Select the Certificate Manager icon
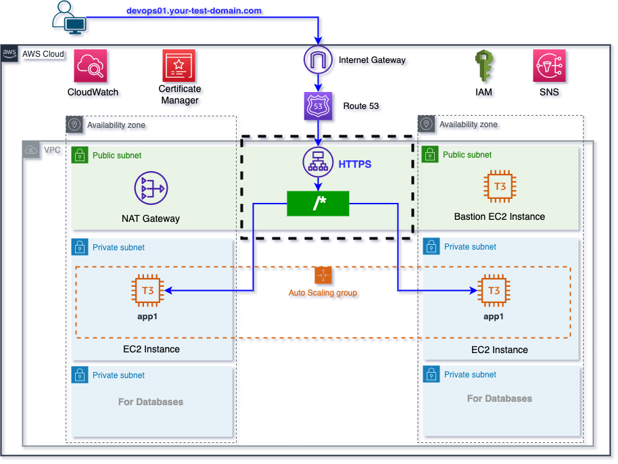click(x=179, y=66)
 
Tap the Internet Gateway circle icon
click(x=318, y=60)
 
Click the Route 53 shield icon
click(x=318, y=106)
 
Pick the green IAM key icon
click(x=483, y=66)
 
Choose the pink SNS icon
click(x=549, y=66)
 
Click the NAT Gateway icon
click(x=151, y=188)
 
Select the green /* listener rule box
click(x=318, y=203)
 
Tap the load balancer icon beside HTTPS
click(x=318, y=163)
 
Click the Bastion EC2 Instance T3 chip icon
click(x=500, y=187)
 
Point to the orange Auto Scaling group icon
click(x=323, y=275)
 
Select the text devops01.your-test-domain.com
click(x=194, y=11)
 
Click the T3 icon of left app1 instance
click(x=147, y=291)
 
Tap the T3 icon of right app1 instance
click(x=494, y=291)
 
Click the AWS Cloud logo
click(x=10, y=53)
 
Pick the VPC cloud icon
click(x=31, y=149)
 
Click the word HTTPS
click(x=355, y=164)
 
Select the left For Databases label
click(x=151, y=402)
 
